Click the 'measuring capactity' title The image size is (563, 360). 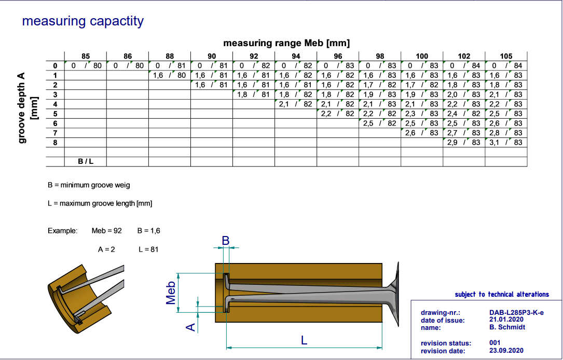pos(83,21)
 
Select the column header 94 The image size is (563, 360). pos(296,56)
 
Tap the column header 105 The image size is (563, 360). pos(506,56)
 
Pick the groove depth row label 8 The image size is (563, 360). pos(54,142)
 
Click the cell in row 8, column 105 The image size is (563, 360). pos(506,142)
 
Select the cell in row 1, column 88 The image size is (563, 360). pos(170,75)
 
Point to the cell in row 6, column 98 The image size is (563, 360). pos(380,123)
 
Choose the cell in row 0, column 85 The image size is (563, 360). pos(86,66)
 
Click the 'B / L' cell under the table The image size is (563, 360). pos(86,161)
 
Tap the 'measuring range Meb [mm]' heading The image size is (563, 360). pos(286,43)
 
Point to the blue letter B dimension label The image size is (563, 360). pos(226,240)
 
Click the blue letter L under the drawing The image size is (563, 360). pos(304,340)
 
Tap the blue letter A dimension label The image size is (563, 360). pos(190,326)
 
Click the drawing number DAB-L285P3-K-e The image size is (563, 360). pos(517,313)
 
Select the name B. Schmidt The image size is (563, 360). pos(507,327)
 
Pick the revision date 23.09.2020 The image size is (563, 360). pos(506,350)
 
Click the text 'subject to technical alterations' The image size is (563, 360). pos(502,294)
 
